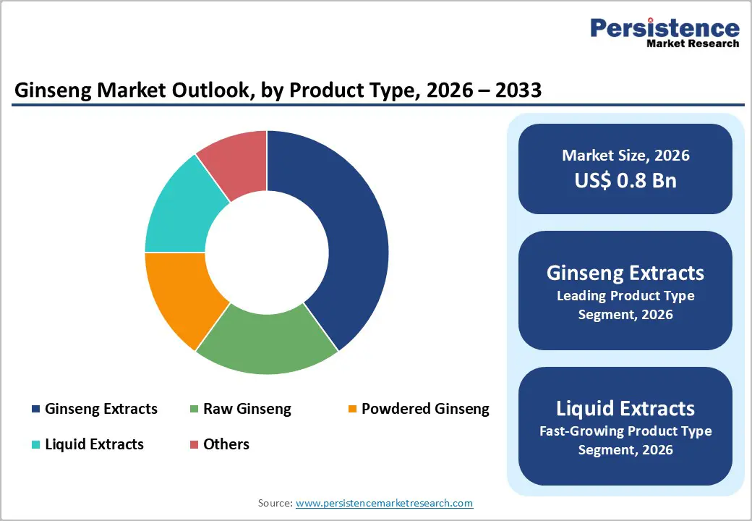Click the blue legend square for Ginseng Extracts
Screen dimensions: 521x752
tap(35, 410)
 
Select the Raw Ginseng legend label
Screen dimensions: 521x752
tap(247, 409)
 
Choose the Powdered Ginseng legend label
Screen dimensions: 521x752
tap(425, 409)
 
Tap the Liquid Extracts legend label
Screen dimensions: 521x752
tap(94, 444)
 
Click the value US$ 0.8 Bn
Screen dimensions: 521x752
tap(625, 180)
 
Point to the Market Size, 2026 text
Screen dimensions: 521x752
tap(625, 156)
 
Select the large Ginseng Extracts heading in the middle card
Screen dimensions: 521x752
tap(625, 273)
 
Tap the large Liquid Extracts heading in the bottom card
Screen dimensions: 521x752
tap(625, 408)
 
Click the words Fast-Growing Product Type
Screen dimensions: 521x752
tap(625, 431)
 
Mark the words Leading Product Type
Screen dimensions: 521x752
tap(625, 296)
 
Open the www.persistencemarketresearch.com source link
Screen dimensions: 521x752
tap(384, 503)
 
